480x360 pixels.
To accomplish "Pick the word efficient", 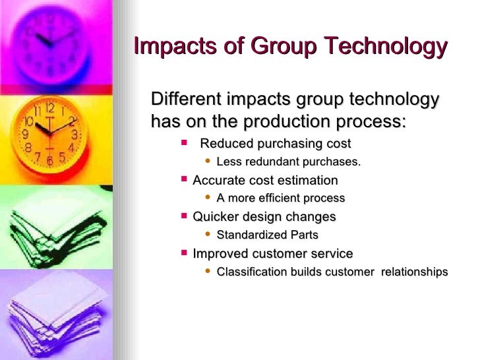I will [x=285, y=198].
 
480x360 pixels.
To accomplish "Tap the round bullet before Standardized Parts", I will [x=208, y=234].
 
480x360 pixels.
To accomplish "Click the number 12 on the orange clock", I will [x=49, y=107].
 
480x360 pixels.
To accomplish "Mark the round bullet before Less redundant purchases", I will [x=208, y=162].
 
